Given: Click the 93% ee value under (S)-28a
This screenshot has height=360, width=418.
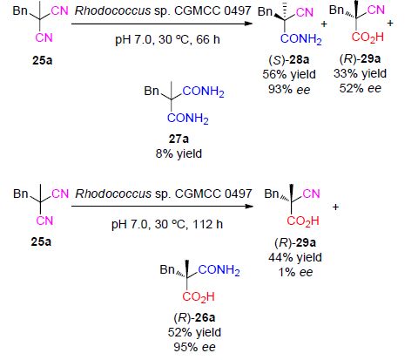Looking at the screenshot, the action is pos(289,90).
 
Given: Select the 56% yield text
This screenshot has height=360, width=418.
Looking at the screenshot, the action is pos(289,74).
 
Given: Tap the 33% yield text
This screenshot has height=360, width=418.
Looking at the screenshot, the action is pos(360,73).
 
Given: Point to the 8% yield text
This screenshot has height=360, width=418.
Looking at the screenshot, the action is pos(179,153).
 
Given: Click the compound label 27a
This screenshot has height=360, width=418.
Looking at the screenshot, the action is pos(179,139).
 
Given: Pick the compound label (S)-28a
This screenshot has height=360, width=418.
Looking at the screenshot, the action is pos(289,59).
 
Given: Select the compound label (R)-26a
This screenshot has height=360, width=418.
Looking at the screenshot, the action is pos(194,317).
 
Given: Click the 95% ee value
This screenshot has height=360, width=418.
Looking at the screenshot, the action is pos(194,347).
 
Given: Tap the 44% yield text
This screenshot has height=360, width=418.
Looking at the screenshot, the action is pos(295,257).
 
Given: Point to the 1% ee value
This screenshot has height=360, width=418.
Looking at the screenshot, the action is pos(295,272).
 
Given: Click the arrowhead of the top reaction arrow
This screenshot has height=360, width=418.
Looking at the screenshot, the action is pos(250,24).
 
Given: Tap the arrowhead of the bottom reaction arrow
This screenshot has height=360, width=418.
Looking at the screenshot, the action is pos(250,207).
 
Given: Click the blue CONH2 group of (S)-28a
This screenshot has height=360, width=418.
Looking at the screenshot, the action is pos(301,39).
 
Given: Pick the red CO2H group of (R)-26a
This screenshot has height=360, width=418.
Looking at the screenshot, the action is pos(199,297).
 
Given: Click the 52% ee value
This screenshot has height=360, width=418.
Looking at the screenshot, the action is pos(361,88).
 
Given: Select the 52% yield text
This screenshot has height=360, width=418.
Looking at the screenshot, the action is pos(194,332).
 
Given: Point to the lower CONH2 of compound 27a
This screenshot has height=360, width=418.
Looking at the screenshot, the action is pos(188,119).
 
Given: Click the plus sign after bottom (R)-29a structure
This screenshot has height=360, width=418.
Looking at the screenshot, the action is pos(335,207).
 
